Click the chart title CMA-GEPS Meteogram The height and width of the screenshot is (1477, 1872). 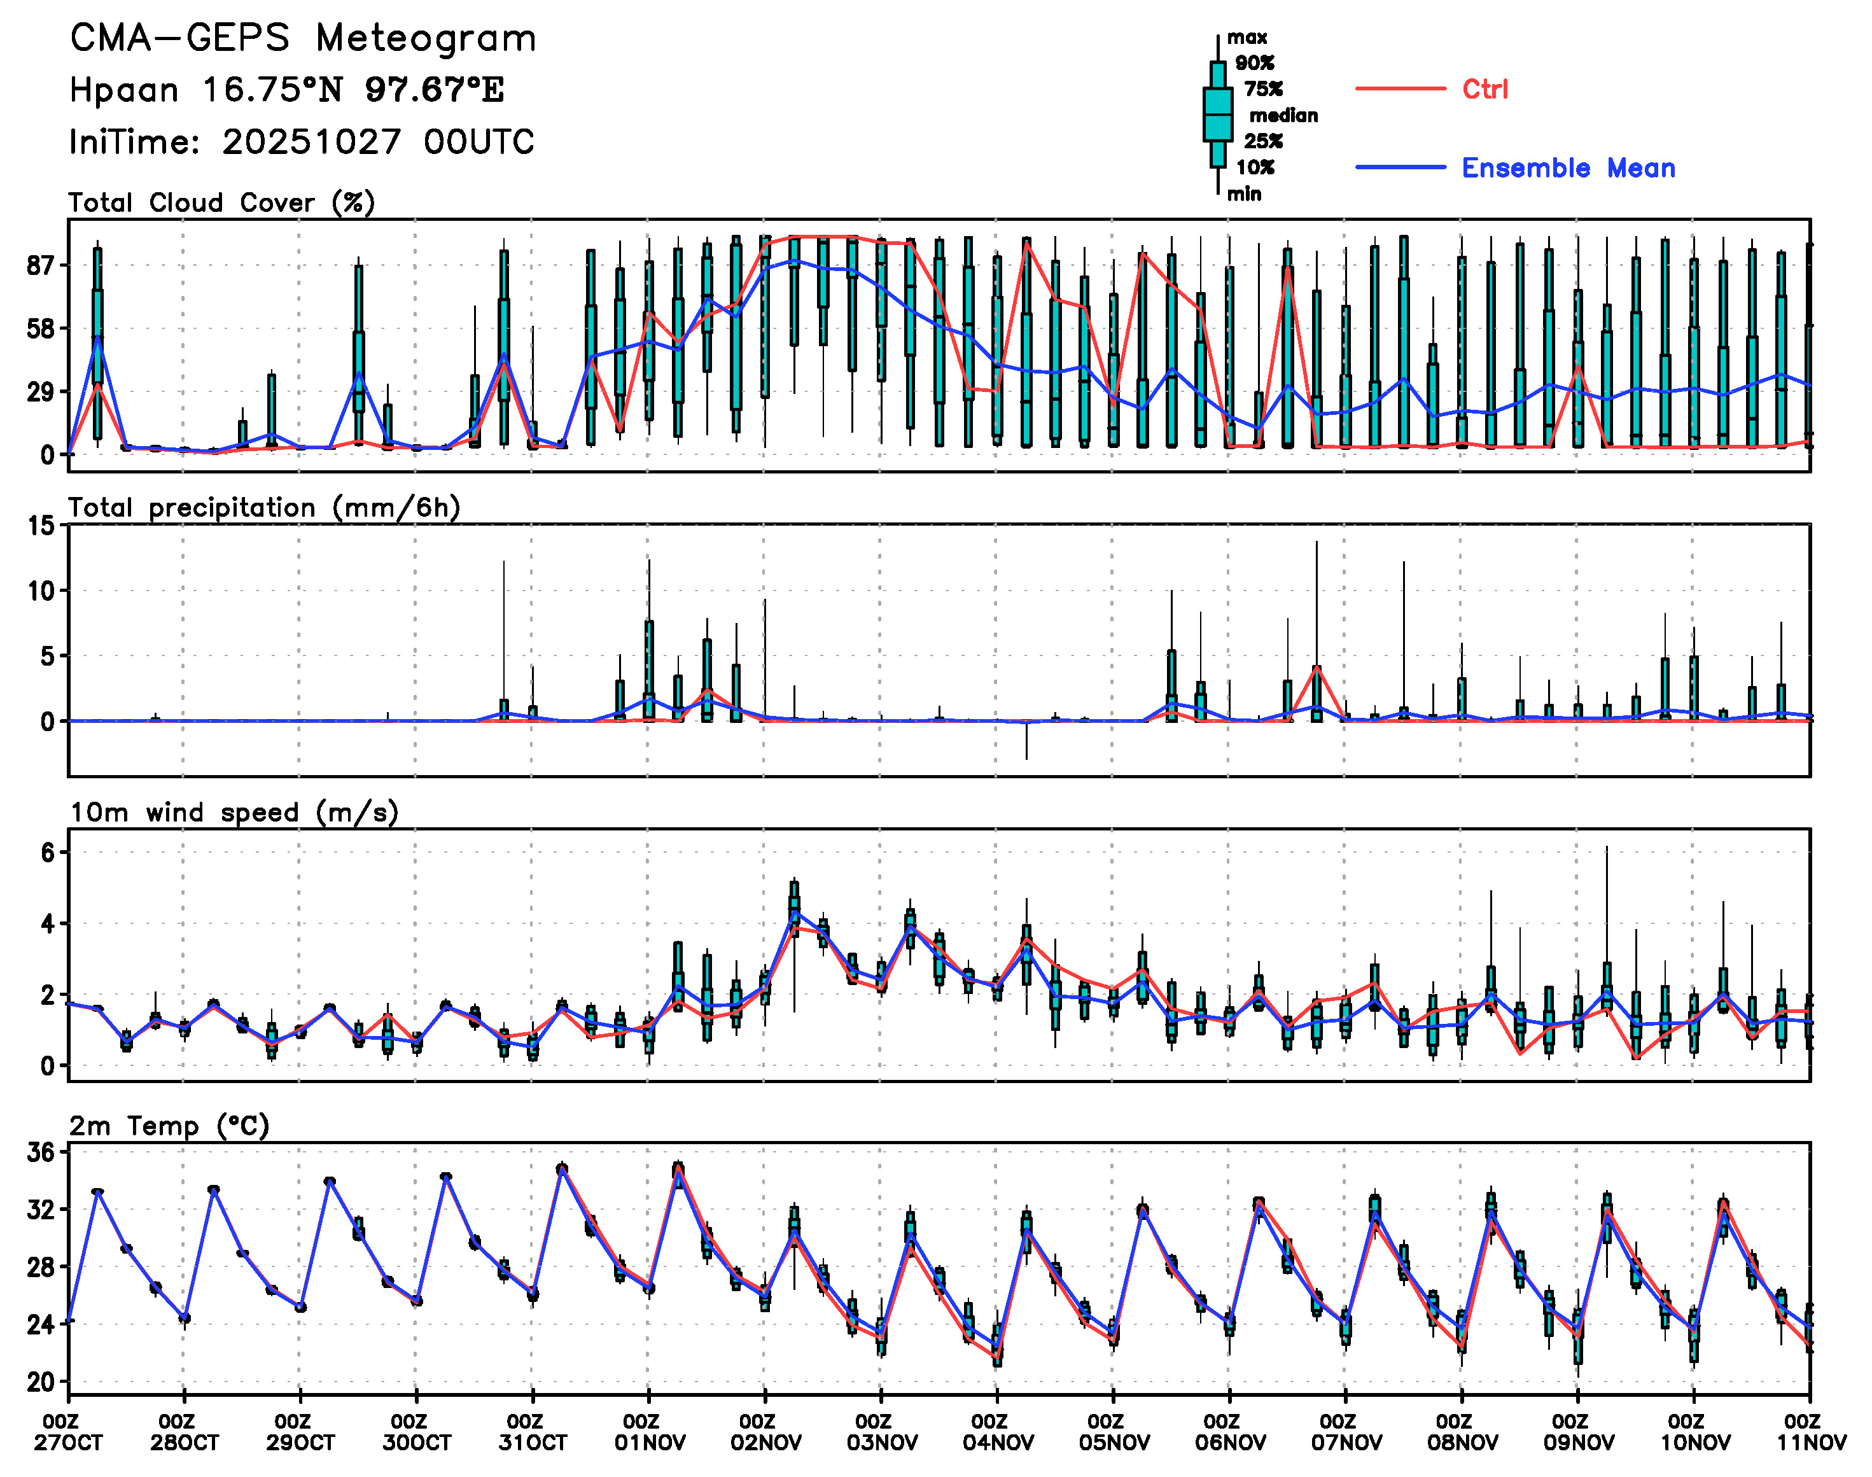pyautogui.click(x=303, y=39)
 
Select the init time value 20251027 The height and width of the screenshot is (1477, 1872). pyautogui.click(x=311, y=142)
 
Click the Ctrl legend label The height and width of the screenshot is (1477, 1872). pyautogui.click(x=1484, y=89)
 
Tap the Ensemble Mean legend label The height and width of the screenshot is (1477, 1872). pyautogui.click(x=1568, y=168)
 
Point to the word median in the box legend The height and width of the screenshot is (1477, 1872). pyautogui.click(x=1283, y=115)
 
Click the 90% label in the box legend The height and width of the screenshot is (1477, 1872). pyautogui.click(x=1254, y=62)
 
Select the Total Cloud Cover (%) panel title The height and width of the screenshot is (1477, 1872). pyautogui.click(x=221, y=202)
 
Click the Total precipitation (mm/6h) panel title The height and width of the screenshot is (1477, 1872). pyautogui.click(x=263, y=508)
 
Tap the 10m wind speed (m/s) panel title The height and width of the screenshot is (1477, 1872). pyautogui.click(x=234, y=813)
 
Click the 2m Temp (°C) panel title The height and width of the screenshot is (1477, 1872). pyautogui.click(x=169, y=1126)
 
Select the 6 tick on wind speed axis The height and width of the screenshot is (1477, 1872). pyautogui.click(x=46, y=853)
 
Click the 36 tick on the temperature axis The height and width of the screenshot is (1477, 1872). pyautogui.click(x=41, y=1152)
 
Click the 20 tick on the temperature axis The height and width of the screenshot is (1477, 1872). pyautogui.click(x=41, y=1382)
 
